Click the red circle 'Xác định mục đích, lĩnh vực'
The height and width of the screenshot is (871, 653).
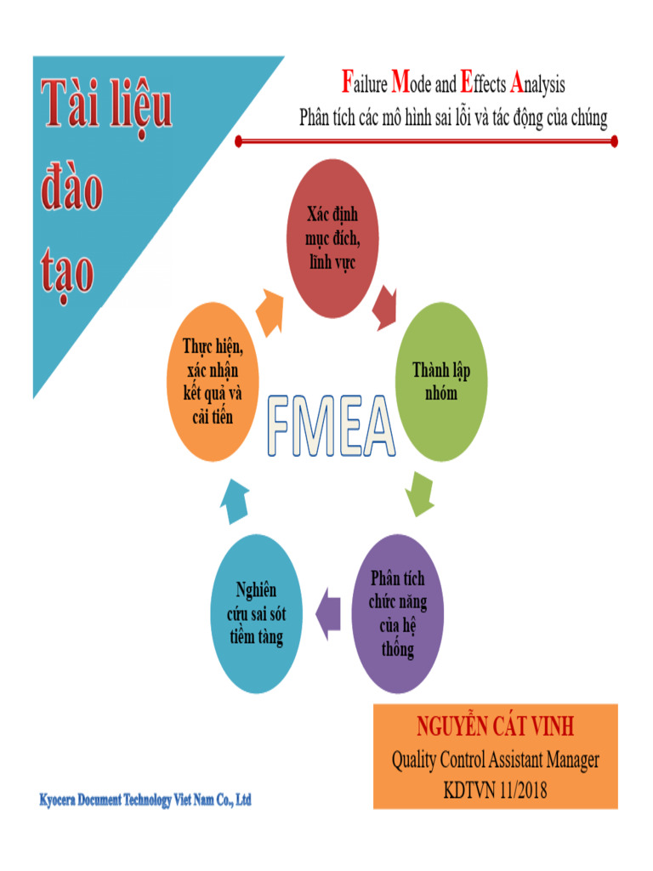(x=330, y=238)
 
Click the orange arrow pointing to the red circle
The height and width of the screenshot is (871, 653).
(x=271, y=311)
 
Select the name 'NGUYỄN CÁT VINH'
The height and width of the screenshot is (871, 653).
(x=495, y=727)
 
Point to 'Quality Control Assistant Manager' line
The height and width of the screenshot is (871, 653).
(x=495, y=760)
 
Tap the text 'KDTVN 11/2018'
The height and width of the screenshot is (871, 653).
(x=495, y=790)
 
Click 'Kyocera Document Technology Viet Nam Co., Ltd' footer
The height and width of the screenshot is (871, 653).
(x=145, y=800)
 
